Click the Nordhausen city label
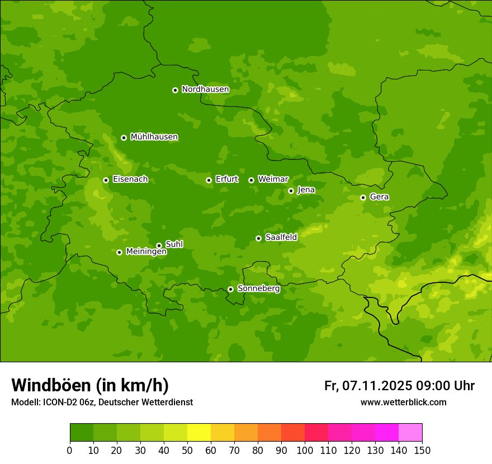click(205, 89)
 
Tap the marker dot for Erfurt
click(209, 180)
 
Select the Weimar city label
click(273, 179)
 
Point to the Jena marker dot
click(291, 191)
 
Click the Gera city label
click(379, 197)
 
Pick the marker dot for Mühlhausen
click(124, 138)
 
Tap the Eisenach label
click(130, 179)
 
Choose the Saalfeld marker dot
click(258, 238)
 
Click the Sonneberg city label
click(258, 289)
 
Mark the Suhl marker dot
click(159, 245)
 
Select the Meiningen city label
click(146, 252)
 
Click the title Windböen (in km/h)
click(90, 385)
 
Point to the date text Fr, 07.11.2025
click(368, 386)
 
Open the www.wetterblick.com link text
click(403, 403)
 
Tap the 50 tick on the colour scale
click(187, 450)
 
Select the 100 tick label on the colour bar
click(305, 450)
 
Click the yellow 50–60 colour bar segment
click(199, 433)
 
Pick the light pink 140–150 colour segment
click(410, 433)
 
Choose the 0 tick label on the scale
click(70, 450)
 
